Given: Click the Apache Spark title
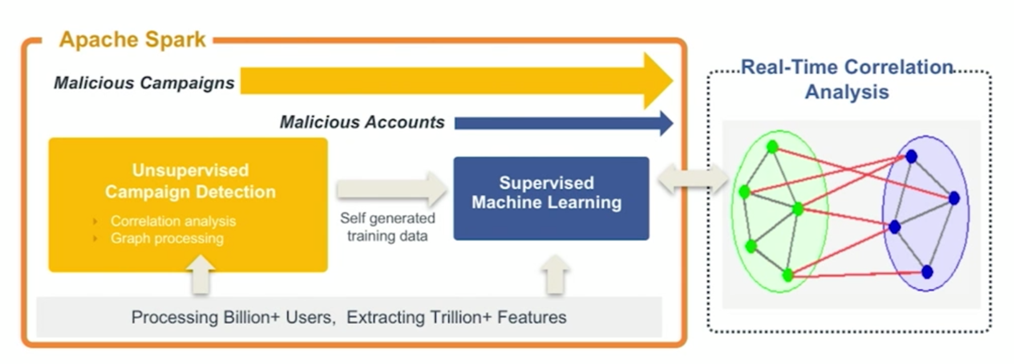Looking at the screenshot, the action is pyautogui.click(x=133, y=40).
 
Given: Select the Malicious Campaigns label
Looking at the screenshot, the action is pyautogui.click(x=144, y=82).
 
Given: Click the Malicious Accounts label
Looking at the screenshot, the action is pyautogui.click(x=362, y=122).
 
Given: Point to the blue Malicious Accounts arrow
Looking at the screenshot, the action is pyautogui.click(x=564, y=123).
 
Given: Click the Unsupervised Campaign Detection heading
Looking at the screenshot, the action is pyautogui.click(x=190, y=180).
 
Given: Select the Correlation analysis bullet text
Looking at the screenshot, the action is pyautogui.click(x=173, y=221).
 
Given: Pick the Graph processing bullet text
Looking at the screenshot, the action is pyautogui.click(x=167, y=238).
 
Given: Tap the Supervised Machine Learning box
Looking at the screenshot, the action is pyautogui.click(x=551, y=198).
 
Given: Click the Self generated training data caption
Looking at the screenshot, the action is pyautogui.click(x=388, y=226).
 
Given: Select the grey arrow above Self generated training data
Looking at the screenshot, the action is pyautogui.click(x=392, y=189).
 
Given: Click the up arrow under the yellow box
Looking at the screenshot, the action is pyautogui.click(x=201, y=275).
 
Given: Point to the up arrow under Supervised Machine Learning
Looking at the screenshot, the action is pyautogui.click(x=556, y=275).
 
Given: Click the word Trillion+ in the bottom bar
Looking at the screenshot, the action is pyautogui.click(x=461, y=317).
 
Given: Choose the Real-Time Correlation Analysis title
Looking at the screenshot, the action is pyautogui.click(x=847, y=80).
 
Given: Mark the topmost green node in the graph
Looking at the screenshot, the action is pyautogui.click(x=772, y=147).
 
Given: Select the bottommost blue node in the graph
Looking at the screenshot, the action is pyautogui.click(x=927, y=272).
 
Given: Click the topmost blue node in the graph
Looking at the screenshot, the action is pyautogui.click(x=911, y=157).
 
